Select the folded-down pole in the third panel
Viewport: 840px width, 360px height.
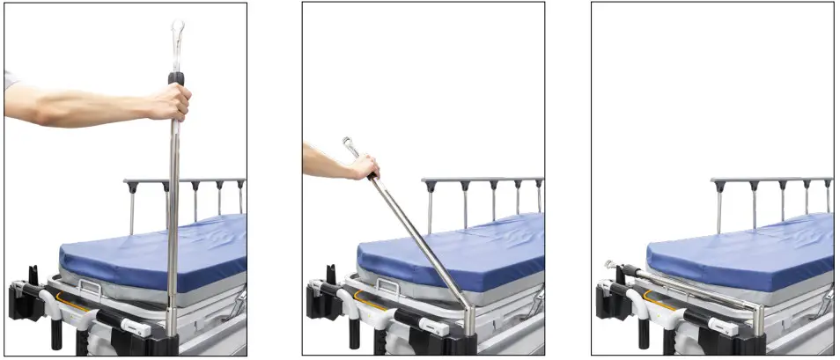tap(687, 286)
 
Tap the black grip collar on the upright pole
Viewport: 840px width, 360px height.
tap(176, 78)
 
